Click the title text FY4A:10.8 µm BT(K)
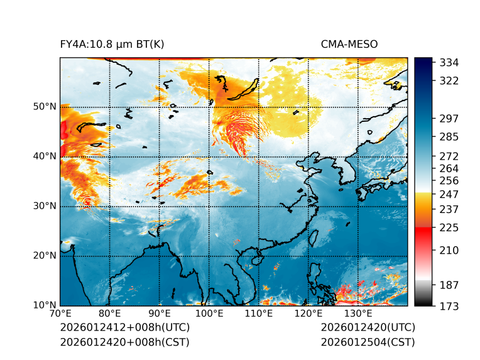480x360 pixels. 112,44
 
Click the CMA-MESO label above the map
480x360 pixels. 349,44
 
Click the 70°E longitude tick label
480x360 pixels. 60,314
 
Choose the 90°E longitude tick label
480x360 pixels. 160,314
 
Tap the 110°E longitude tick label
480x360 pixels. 258,314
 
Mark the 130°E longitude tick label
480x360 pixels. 357,314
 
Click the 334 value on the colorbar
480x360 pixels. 449,62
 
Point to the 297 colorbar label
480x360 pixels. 449,118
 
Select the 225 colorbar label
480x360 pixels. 449,227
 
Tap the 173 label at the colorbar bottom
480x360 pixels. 449,305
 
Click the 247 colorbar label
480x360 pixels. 449,194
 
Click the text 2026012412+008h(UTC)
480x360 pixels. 125,327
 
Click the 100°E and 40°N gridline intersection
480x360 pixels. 209,156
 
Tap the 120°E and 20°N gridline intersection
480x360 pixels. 308,256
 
